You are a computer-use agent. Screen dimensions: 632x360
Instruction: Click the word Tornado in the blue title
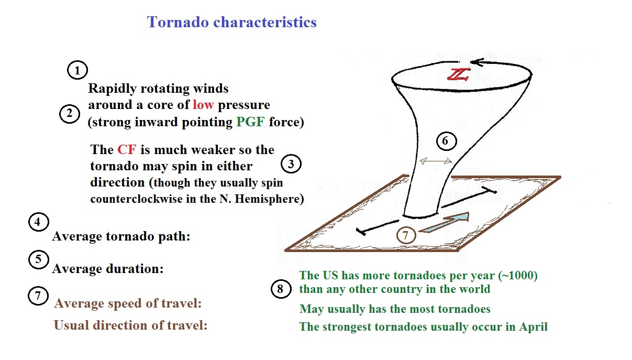pos(178,22)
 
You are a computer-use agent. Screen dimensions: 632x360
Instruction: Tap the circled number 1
pos(77,70)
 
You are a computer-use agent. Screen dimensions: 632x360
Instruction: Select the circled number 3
pos(291,164)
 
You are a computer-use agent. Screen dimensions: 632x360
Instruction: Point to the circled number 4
pos(39,222)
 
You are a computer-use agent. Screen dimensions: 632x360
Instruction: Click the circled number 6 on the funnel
pos(446,140)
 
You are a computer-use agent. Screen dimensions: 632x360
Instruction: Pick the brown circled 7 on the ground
pos(406,235)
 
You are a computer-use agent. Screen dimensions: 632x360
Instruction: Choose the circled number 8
pos(281,289)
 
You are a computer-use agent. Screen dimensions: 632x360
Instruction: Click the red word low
pos(203,104)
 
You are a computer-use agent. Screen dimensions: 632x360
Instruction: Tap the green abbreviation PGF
pos(250,122)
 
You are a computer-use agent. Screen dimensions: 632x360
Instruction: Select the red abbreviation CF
pos(127,150)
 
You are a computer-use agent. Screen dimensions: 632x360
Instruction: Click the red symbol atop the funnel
pos(459,74)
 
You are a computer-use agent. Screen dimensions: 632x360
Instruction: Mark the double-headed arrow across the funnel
pos(436,161)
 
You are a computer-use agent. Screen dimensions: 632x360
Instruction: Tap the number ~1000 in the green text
pos(518,275)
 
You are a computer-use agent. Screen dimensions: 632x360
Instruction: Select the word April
pos(533,327)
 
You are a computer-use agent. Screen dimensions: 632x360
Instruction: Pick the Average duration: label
pos(108,268)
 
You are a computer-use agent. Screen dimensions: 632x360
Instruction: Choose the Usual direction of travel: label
pos(130,325)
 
